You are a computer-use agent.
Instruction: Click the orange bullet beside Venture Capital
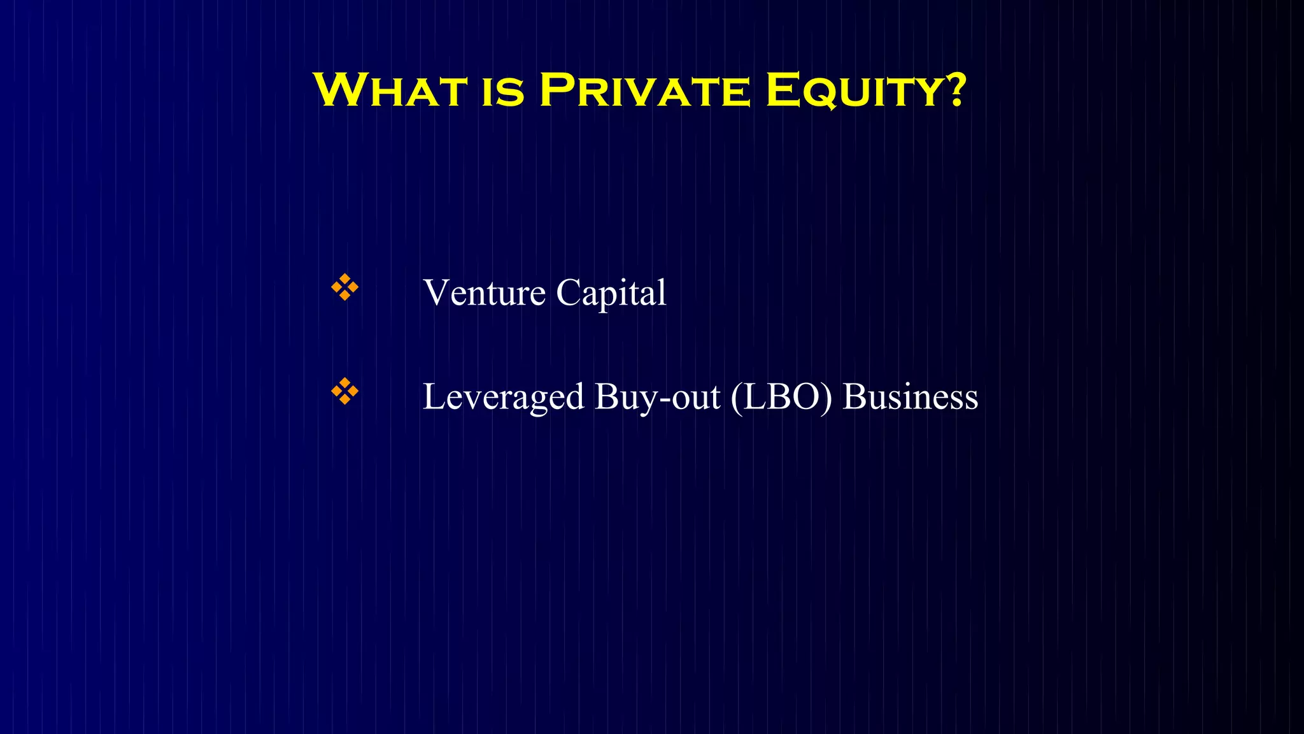[x=344, y=287]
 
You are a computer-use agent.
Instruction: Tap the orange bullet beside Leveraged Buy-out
[x=344, y=391]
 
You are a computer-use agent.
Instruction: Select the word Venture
[x=484, y=293]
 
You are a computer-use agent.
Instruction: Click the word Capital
[x=611, y=293]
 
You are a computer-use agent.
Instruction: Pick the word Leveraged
[x=503, y=397]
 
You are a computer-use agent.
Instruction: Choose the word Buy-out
[x=657, y=397]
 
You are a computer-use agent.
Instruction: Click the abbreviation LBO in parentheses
[x=781, y=397]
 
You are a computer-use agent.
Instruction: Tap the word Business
[x=910, y=397]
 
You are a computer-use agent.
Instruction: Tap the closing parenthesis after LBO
[x=826, y=397]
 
